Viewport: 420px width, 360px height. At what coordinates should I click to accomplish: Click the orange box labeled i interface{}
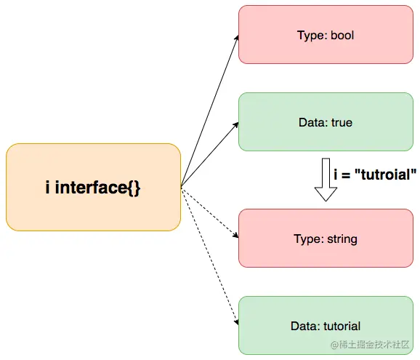[93, 187]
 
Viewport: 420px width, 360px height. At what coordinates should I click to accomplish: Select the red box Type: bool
[325, 34]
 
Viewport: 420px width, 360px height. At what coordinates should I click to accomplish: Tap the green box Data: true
[325, 122]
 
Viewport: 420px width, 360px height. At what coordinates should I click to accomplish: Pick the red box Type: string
[325, 238]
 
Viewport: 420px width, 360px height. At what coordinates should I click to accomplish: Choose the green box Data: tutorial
[325, 325]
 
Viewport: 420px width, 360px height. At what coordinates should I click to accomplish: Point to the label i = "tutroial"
[375, 175]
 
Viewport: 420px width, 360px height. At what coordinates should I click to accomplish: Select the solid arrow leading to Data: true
[209, 154]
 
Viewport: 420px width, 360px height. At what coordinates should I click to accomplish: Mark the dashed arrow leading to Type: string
[209, 212]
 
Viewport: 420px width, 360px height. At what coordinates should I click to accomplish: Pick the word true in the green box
[342, 122]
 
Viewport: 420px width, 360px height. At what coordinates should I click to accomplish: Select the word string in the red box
[343, 239]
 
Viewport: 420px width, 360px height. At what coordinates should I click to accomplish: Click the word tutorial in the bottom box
[344, 326]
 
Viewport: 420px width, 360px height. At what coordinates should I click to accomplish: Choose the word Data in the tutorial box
[310, 326]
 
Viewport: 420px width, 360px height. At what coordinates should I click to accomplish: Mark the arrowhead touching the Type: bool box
[236, 39]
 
